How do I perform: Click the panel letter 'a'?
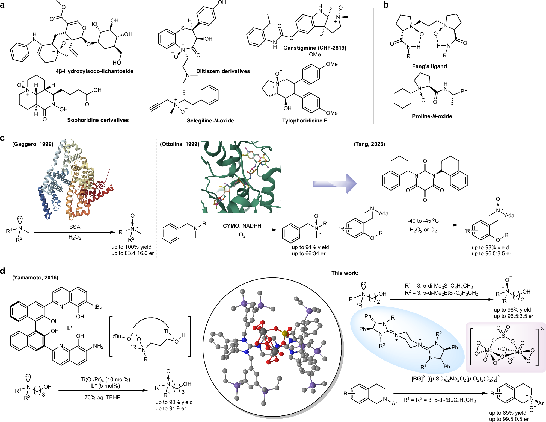[x=2, y=5]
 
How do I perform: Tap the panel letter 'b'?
[x=386, y=5]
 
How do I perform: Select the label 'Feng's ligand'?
[x=429, y=66]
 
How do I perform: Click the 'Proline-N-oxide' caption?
[x=432, y=116]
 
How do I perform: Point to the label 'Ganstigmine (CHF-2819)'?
[x=314, y=48]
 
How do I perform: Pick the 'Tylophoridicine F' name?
[x=304, y=121]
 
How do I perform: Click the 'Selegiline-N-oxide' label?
[x=210, y=121]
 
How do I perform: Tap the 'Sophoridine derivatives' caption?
[x=98, y=120]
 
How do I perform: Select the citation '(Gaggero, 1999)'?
[x=33, y=144]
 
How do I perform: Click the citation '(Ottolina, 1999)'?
[x=180, y=144]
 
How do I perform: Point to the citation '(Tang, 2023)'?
[x=369, y=144]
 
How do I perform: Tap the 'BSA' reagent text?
[x=75, y=227]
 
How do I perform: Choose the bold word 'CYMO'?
[x=231, y=226]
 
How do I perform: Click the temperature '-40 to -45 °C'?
[x=423, y=221]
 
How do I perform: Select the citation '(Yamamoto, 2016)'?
[x=35, y=277]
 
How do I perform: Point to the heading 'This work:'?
[x=345, y=273]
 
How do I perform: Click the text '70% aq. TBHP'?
[x=102, y=397]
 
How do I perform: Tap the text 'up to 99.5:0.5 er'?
[x=509, y=419]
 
